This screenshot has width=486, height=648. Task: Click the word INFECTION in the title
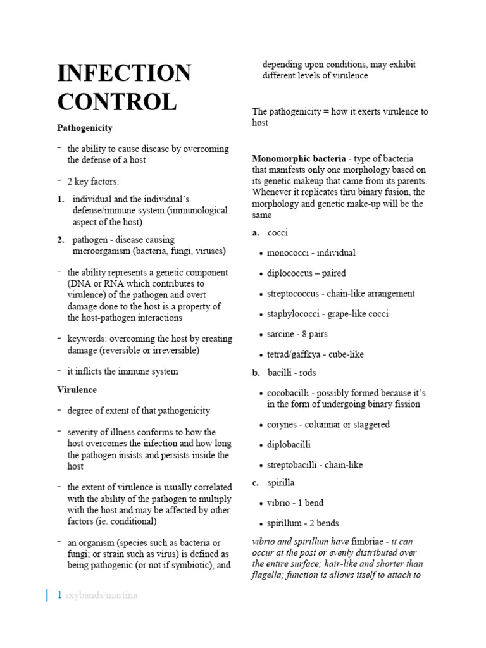point(124,73)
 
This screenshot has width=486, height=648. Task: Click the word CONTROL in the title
point(117,102)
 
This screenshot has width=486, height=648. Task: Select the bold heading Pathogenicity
point(85,128)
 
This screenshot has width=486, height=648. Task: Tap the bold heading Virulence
point(77,390)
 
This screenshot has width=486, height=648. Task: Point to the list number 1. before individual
point(61,199)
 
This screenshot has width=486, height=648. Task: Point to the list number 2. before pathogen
point(61,240)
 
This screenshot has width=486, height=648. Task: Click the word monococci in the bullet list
point(289,253)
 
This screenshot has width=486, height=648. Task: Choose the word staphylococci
point(294,314)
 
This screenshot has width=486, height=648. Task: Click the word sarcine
point(281,334)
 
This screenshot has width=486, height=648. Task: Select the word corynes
point(283,425)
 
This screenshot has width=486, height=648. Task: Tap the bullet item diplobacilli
point(289,445)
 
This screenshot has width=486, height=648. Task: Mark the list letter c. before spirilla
point(256,483)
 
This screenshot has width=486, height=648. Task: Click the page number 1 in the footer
point(59,595)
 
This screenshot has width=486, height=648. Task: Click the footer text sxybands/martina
point(101,595)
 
